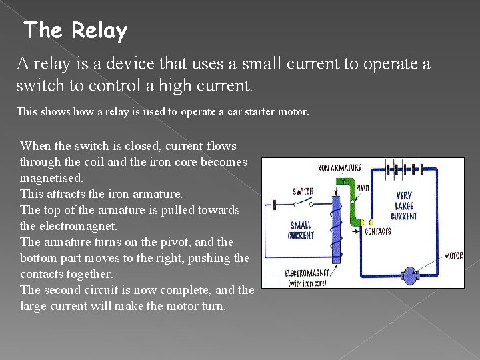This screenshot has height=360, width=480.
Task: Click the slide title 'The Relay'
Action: [75, 31]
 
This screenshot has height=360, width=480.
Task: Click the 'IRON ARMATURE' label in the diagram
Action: [338, 168]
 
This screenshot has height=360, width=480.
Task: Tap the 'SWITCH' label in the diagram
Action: [303, 192]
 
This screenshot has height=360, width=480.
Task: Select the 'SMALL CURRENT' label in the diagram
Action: [301, 231]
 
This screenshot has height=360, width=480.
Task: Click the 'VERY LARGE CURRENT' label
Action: [404, 206]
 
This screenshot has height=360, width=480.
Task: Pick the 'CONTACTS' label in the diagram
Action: [378, 232]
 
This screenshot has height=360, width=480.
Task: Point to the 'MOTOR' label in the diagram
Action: [453, 255]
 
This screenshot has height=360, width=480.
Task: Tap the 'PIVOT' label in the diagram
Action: [364, 188]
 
